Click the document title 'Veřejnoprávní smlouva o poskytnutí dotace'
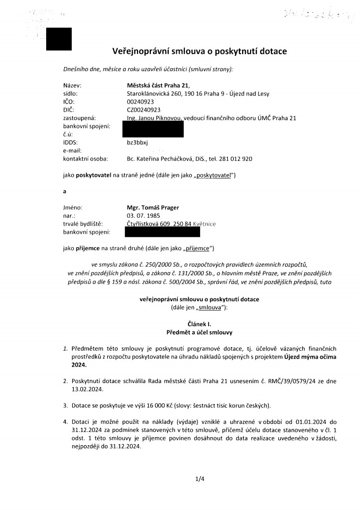[x=200, y=52]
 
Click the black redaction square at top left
[x=59, y=39]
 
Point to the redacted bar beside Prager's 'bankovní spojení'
[x=162, y=232]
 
